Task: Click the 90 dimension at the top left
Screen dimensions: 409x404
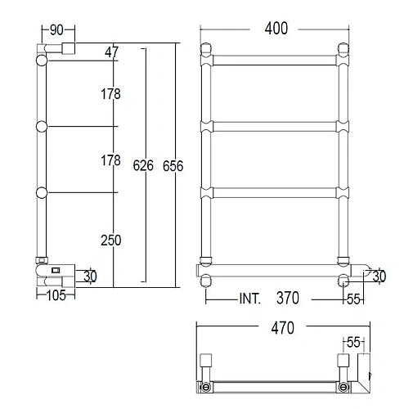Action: point(56,30)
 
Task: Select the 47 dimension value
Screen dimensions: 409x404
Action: point(111,53)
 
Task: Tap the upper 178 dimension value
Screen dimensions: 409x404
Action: point(110,95)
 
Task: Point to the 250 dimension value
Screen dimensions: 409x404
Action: point(110,240)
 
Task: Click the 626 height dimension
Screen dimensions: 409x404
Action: point(143,166)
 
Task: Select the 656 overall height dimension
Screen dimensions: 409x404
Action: point(173,166)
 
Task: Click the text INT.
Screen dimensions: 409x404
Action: point(249,299)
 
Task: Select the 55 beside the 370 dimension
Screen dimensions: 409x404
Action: point(353,299)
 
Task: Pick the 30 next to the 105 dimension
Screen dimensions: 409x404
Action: point(90,276)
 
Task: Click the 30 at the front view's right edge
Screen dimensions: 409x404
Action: point(378,277)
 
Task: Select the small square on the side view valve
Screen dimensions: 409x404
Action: point(55,269)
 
